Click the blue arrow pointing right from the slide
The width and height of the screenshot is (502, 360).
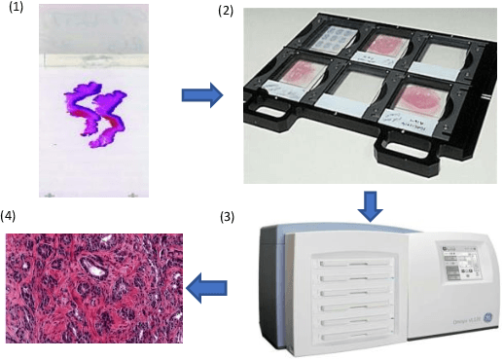(201, 95)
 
